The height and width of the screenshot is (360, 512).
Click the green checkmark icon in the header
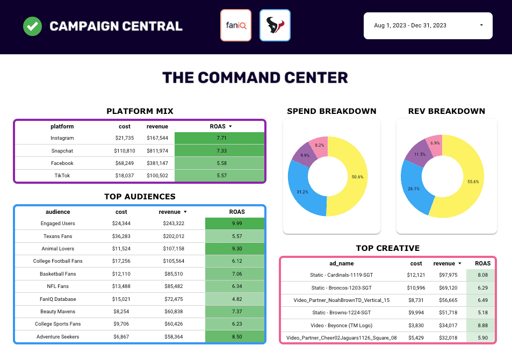pos(32,26)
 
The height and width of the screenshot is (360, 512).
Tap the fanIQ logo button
pos(236,25)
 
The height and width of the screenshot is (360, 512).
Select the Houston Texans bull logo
pos(275,25)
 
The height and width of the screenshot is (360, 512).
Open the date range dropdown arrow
pos(481,25)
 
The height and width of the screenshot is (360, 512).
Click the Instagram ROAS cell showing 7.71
pos(219,139)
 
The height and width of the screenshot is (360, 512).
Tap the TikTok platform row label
pos(62,176)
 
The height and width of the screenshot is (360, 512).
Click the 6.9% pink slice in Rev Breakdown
pos(435,143)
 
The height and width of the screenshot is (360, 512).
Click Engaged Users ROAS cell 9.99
pos(235,224)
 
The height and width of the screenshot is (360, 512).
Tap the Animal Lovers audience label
pos(58,249)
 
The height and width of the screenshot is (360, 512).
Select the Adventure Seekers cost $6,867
pos(121,337)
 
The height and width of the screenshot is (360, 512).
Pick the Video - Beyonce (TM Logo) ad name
pos(342,325)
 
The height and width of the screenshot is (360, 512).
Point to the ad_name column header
pos(341,263)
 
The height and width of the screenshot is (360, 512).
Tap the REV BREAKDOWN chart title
pos(446,111)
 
